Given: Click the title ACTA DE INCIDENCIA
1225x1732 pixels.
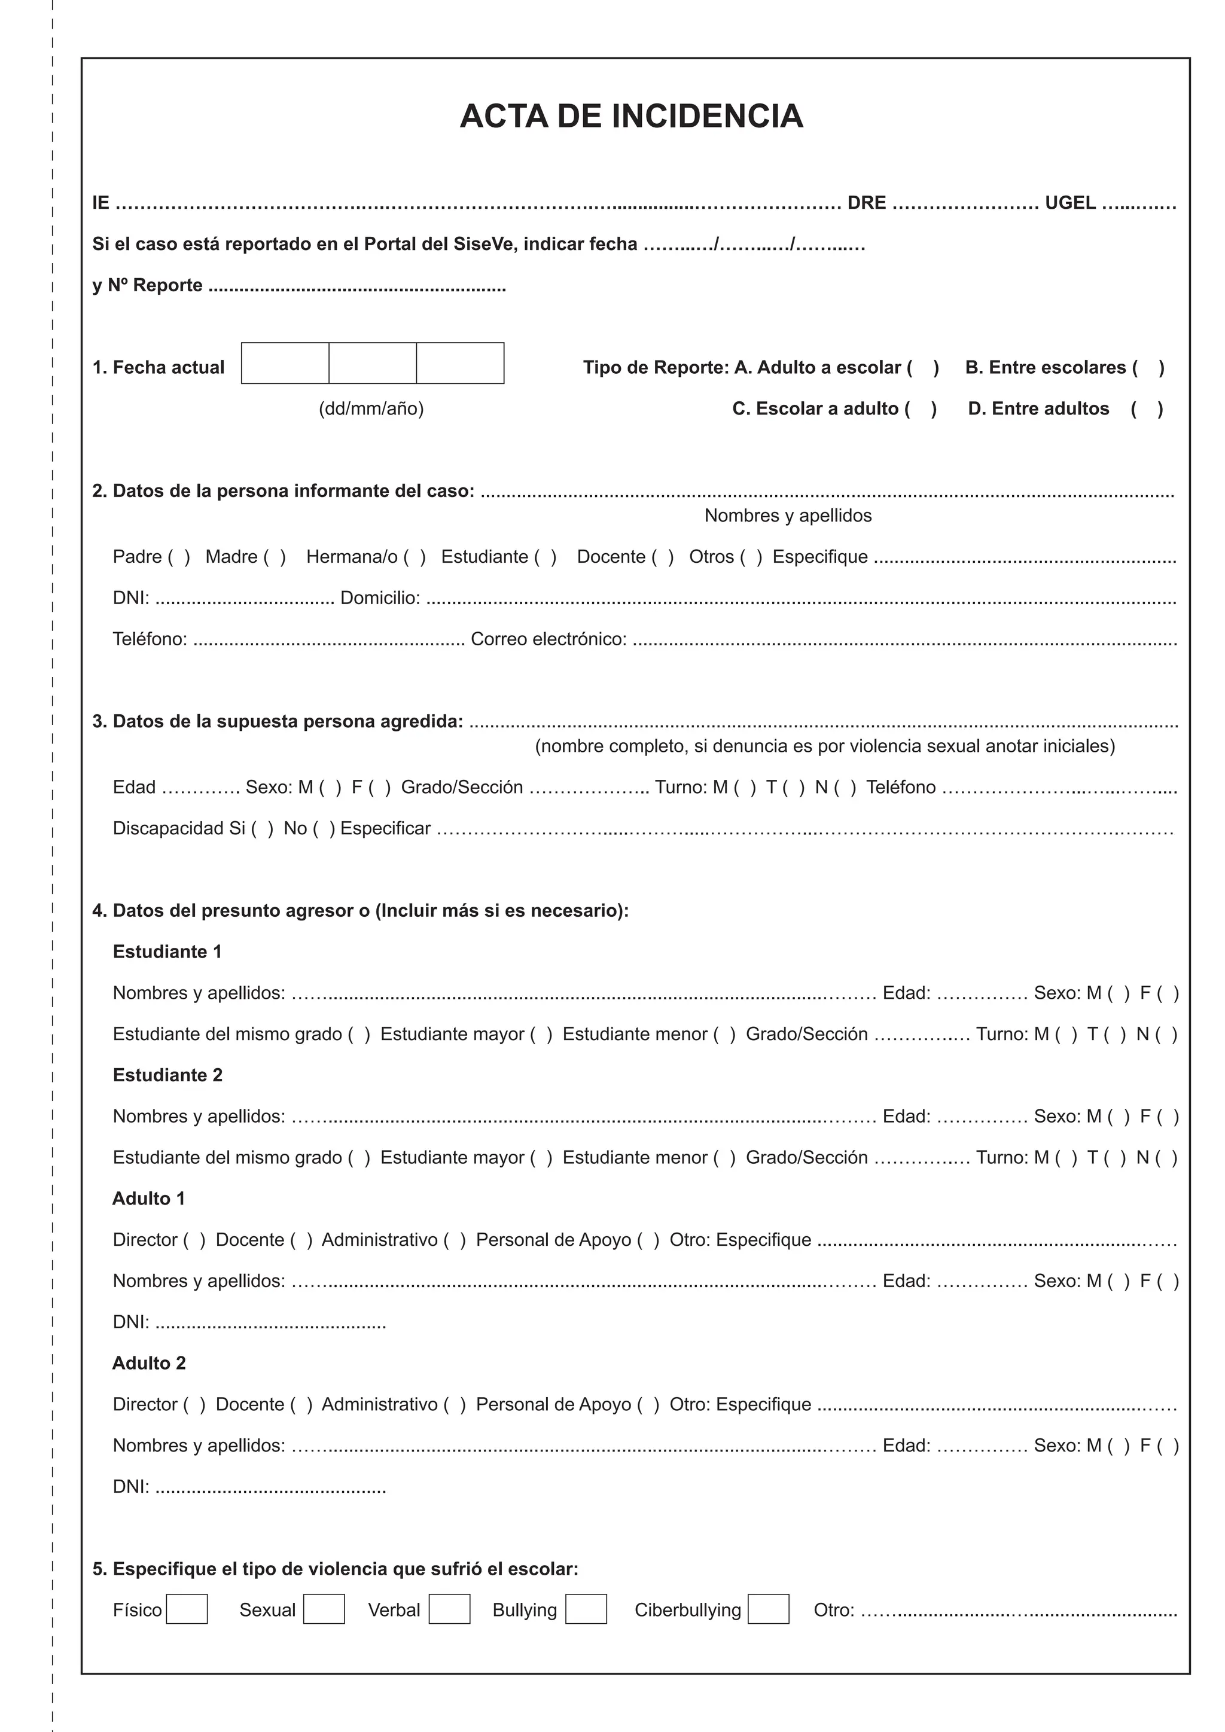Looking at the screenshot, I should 632,116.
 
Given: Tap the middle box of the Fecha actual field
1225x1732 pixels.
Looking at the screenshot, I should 373,363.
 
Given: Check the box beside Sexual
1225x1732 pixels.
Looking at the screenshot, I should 324,1609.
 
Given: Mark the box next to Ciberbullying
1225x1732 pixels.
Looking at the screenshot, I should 768,1609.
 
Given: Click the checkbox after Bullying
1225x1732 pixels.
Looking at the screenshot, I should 586,1609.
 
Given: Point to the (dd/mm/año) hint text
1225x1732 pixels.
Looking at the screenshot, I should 371,409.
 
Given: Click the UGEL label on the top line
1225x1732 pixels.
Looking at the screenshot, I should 1069,203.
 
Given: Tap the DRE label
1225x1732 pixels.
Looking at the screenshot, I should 867,203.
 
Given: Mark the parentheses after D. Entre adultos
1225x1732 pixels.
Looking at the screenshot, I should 1147,409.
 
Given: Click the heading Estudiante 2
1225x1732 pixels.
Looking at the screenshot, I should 167,1075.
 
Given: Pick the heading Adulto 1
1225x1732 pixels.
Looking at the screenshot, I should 148,1199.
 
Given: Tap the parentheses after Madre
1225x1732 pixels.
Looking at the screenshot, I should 274,557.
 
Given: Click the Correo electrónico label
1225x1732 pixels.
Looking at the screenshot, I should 548,639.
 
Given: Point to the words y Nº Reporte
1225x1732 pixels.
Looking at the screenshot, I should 147,285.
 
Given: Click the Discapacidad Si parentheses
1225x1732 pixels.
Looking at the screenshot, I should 262,828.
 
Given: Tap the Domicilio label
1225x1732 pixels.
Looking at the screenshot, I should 380,597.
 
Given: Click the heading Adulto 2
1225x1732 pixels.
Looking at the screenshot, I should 148,1363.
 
